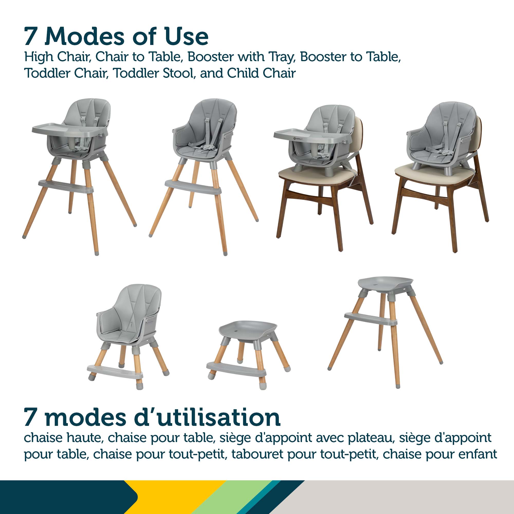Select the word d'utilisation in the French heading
[x=207, y=417]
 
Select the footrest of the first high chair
[x=66, y=186]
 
